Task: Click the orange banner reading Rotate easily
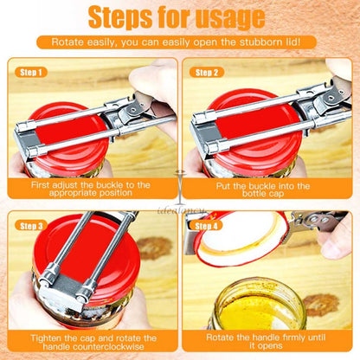click(179, 42)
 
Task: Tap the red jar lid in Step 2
click(238, 143)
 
